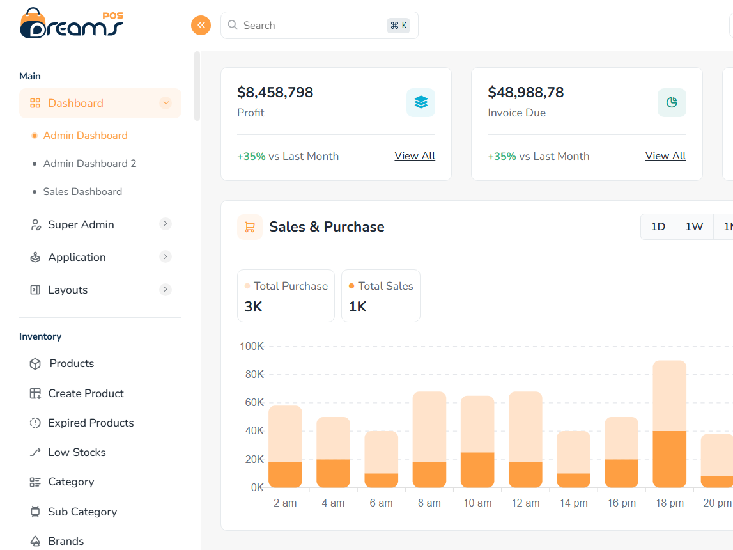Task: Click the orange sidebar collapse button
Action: pos(201,25)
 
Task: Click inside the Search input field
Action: pos(307,26)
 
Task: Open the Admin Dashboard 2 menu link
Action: pos(89,164)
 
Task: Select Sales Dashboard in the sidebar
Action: pos(82,192)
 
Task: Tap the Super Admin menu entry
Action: pos(81,224)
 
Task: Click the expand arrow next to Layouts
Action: pos(166,290)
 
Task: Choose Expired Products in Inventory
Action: pos(91,423)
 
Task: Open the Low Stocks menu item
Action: pos(77,452)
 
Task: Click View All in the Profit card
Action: pos(415,156)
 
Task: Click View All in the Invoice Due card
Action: pos(665,156)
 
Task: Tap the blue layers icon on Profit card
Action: pos(421,102)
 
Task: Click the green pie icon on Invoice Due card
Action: pos(672,102)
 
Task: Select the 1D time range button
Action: pos(658,226)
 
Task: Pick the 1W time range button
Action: pos(694,226)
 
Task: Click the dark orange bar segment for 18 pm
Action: pos(669,459)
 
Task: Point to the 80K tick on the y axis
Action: pos(254,375)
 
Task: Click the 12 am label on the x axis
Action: pos(525,503)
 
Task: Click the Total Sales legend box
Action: pos(381,295)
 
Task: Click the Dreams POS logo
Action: pos(72,24)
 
